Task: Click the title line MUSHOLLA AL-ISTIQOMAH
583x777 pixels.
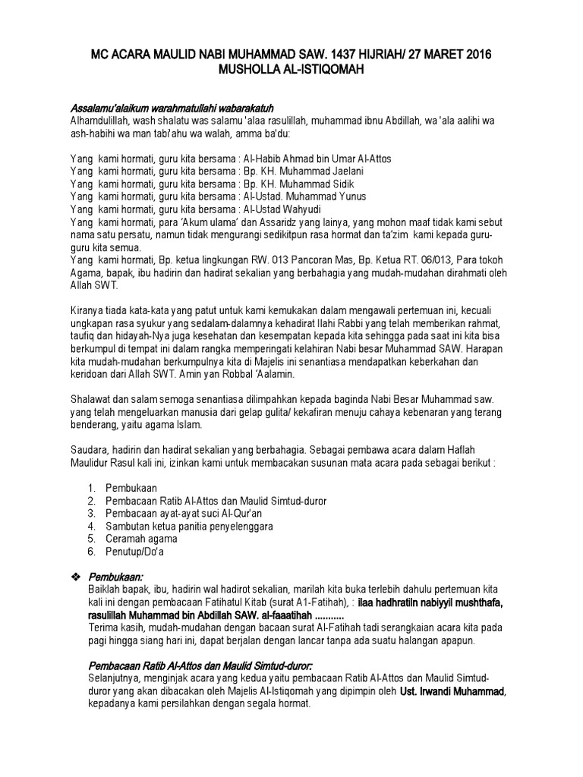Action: point(291,68)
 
